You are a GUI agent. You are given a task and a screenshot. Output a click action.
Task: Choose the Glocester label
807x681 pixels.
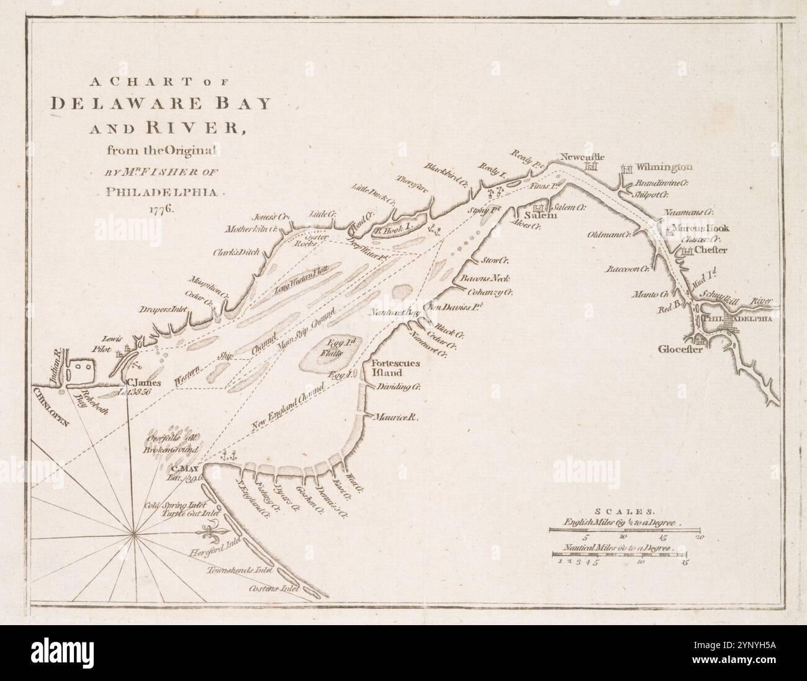[x=680, y=349]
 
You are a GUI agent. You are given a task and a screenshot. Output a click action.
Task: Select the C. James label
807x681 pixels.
[x=144, y=383]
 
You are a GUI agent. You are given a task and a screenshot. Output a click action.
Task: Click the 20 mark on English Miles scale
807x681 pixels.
[x=698, y=536]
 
